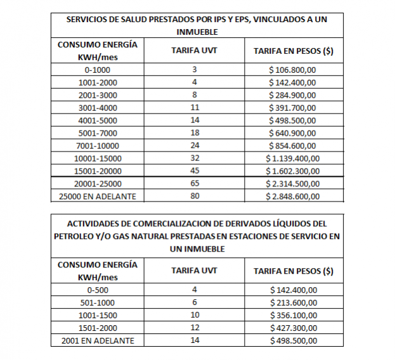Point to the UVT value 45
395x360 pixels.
click(195, 170)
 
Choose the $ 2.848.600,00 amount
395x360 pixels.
click(294, 196)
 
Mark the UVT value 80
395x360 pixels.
click(195, 196)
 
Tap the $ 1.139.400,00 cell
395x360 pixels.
click(294, 158)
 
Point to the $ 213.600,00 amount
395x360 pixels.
click(294, 303)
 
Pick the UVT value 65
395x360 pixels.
click(195, 183)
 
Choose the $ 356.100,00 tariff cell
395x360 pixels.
click(294, 316)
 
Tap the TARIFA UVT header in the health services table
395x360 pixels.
click(195, 50)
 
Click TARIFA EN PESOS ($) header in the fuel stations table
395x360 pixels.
click(294, 271)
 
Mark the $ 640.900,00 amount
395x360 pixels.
click(294, 132)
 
